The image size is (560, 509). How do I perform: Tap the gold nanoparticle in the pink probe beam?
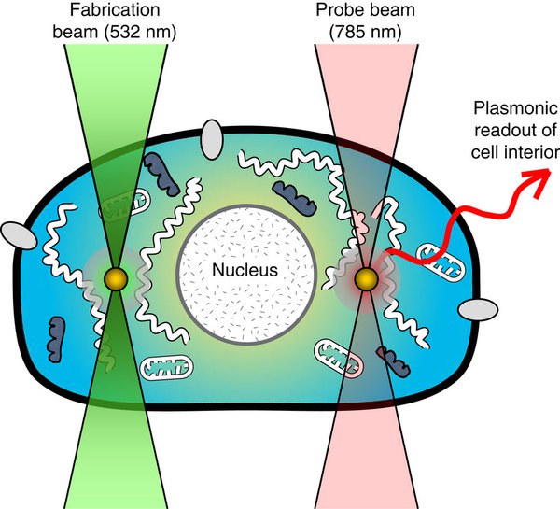pyautogui.click(x=366, y=277)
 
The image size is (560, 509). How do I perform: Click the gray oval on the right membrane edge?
pyautogui.click(x=474, y=308)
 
